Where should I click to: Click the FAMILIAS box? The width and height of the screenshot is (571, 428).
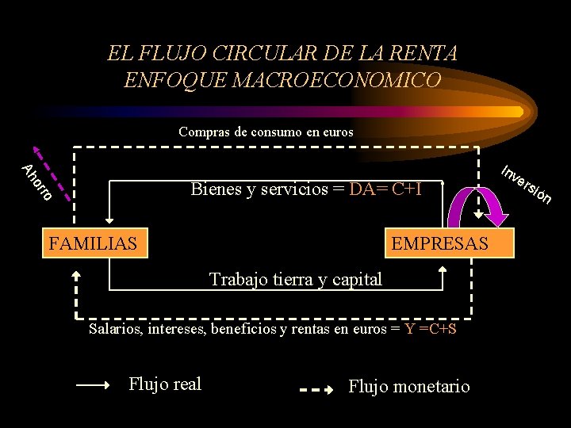(x=93, y=243)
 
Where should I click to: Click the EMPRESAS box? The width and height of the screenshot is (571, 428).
(x=440, y=243)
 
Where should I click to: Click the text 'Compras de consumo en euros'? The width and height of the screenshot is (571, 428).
(x=266, y=132)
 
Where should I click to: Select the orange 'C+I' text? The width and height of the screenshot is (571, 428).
(x=407, y=189)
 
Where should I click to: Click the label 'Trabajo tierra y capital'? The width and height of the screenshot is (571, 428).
(x=295, y=279)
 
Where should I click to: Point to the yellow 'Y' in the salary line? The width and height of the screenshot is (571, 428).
(x=409, y=327)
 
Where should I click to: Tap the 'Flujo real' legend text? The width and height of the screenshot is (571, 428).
(x=165, y=384)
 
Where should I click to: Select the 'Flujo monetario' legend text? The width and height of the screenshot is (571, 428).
(x=409, y=386)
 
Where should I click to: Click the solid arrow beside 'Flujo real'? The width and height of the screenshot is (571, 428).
(x=93, y=386)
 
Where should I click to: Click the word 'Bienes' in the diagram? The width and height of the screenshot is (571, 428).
(x=213, y=189)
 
